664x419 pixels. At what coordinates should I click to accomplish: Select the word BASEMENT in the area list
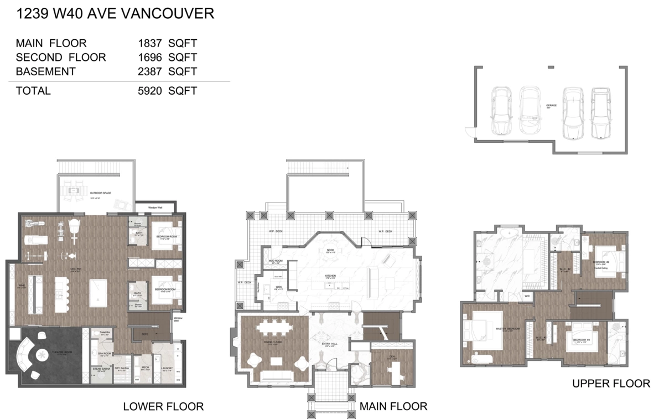pos(45,71)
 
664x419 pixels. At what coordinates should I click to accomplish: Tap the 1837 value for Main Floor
pos(149,43)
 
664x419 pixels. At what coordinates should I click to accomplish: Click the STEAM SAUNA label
pos(101,368)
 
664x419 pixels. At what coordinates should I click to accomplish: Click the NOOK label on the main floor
pos(330,250)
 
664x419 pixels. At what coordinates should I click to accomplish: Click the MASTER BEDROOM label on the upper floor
pos(507,329)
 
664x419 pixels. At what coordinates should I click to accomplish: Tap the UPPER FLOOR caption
pos(611,384)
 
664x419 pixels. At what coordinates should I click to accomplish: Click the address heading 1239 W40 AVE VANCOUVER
pos(116,14)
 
